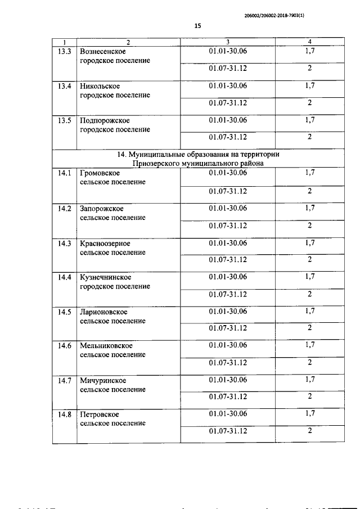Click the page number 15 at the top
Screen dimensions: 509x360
tap(197, 25)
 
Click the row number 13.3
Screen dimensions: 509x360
tap(65, 51)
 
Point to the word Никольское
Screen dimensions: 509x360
tap(100, 86)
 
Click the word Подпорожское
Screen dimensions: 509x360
tap(105, 120)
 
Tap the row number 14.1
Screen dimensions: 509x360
tap(65, 173)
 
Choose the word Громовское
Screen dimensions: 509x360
tap(100, 173)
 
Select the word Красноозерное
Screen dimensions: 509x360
tap(105, 243)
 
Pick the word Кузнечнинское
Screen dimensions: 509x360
tap(106, 277)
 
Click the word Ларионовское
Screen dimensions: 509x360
tap(103, 312)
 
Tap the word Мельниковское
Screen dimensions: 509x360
tap(106, 345)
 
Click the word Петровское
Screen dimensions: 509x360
tap(100, 415)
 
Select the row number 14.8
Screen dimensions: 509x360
tap(65, 415)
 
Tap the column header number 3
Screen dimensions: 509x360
tap(228, 42)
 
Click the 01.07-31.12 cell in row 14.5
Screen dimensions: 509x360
tap(228, 328)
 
